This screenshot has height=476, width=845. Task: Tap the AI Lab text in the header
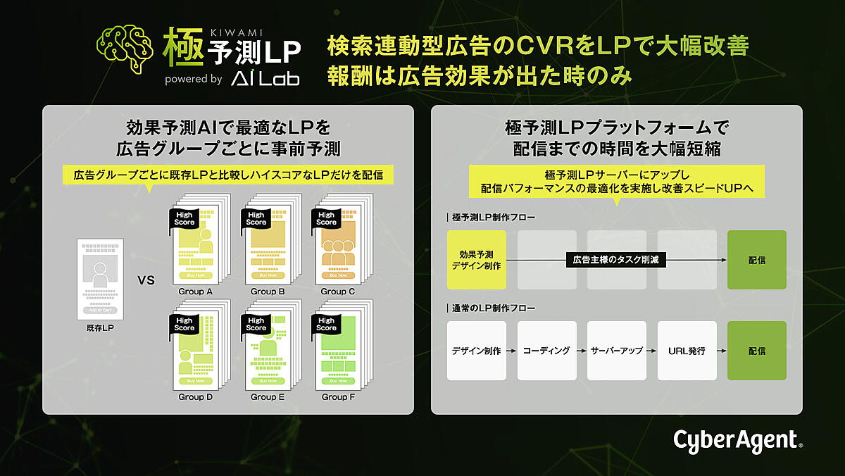(x=265, y=79)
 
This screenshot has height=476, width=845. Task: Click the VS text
(x=146, y=280)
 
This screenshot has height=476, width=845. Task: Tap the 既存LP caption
(x=100, y=328)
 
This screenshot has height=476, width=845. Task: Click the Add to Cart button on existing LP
(x=100, y=310)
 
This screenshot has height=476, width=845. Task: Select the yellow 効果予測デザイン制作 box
(x=477, y=260)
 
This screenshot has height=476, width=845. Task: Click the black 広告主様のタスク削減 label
(x=616, y=260)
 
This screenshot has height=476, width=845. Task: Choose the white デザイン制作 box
(x=477, y=351)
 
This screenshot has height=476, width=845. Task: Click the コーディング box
(x=546, y=351)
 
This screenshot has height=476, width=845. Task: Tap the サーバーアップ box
(x=617, y=351)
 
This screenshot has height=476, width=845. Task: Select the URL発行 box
(x=687, y=351)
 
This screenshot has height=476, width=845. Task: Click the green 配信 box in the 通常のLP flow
(x=757, y=351)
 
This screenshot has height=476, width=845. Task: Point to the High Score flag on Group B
(x=256, y=219)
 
